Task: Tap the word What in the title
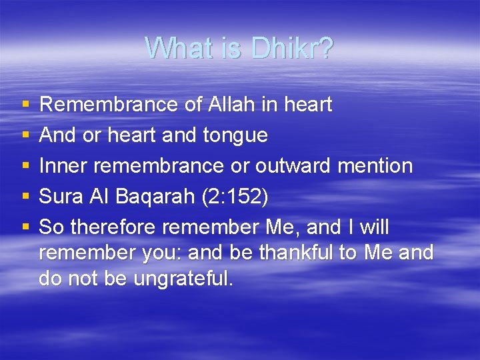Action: coord(176,48)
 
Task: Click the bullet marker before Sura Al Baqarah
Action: coord(25,197)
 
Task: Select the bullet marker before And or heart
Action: coord(25,135)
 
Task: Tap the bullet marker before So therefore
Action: coord(25,227)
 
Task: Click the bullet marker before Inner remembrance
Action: coord(25,166)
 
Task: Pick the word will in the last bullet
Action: coord(374,227)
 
